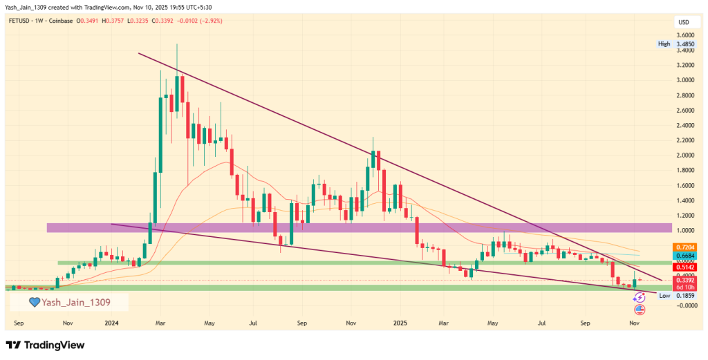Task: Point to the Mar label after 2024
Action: [x=160, y=322]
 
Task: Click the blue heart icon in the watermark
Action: [x=34, y=302]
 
